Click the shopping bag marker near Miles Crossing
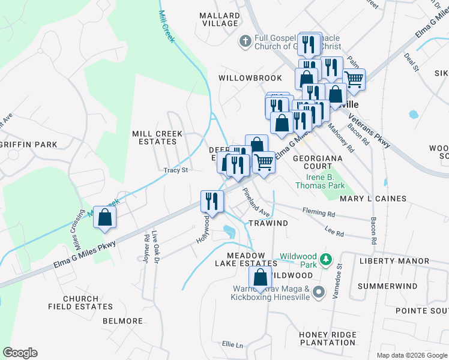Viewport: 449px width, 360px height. point(104,218)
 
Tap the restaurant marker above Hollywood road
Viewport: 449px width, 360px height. point(211,200)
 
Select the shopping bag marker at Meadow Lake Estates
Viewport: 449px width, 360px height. point(260,278)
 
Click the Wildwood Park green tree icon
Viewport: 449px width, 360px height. point(325,259)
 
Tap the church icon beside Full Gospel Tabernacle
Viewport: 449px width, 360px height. point(245,41)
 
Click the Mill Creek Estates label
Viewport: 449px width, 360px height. point(154,137)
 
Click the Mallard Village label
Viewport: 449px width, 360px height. point(220,19)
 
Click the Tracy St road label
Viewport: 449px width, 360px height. point(176,170)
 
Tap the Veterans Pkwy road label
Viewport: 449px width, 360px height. point(369,131)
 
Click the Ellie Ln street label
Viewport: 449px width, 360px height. point(232,344)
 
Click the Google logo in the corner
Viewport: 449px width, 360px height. point(20,353)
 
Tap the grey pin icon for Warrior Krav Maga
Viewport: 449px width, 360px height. point(319,292)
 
